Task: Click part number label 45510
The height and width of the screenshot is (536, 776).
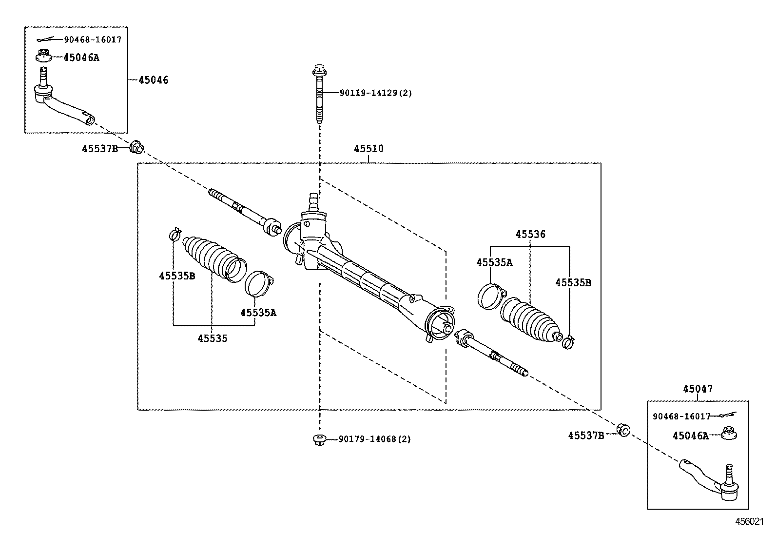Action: [x=369, y=149]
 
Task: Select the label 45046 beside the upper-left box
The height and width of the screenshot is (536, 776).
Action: [x=153, y=80]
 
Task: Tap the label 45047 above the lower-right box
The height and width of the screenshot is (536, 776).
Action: [x=697, y=389]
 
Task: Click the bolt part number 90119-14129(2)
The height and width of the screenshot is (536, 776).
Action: [x=369, y=93]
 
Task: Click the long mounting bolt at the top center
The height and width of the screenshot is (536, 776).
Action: [x=319, y=95]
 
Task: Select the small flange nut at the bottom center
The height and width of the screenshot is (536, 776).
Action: [x=319, y=439]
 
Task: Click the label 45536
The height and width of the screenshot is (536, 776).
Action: [x=530, y=235]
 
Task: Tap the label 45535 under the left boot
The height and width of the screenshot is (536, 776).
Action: [x=212, y=338]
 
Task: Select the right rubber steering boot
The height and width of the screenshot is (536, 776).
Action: [x=531, y=320]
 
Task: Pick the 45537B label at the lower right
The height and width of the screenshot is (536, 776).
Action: [x=586, y=436]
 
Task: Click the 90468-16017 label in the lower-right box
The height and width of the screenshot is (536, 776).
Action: [x=681, y=416]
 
